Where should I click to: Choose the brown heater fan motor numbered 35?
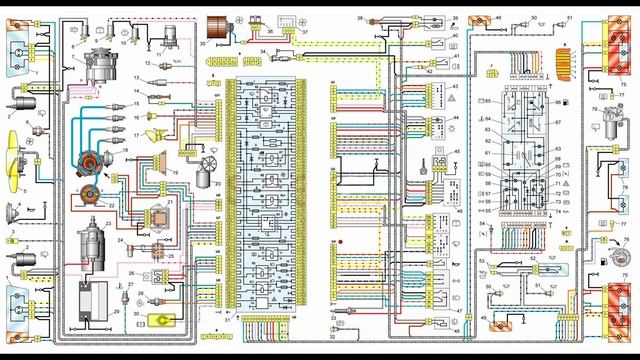215,31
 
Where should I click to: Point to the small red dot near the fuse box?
341,243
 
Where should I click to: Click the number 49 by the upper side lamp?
498,18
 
